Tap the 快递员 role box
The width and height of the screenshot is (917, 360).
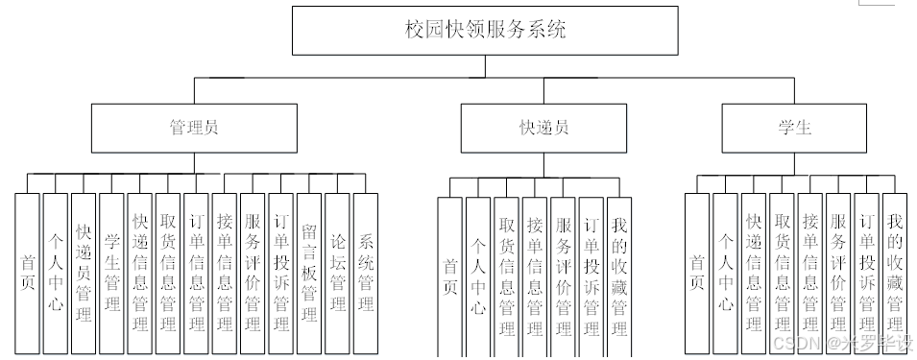point(543,128)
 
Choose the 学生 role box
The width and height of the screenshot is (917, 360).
point(794,128)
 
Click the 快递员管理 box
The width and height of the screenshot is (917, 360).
point(84,273)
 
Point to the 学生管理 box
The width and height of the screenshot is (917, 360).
point(112,273)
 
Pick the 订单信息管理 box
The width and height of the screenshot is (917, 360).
point(197,273)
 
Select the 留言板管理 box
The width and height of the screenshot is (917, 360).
point(309,273)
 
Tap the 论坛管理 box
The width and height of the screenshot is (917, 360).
point(338,273)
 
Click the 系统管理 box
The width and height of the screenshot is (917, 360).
point(366,273)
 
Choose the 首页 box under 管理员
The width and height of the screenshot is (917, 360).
point(28,273)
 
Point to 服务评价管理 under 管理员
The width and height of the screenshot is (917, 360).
point(253,273)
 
